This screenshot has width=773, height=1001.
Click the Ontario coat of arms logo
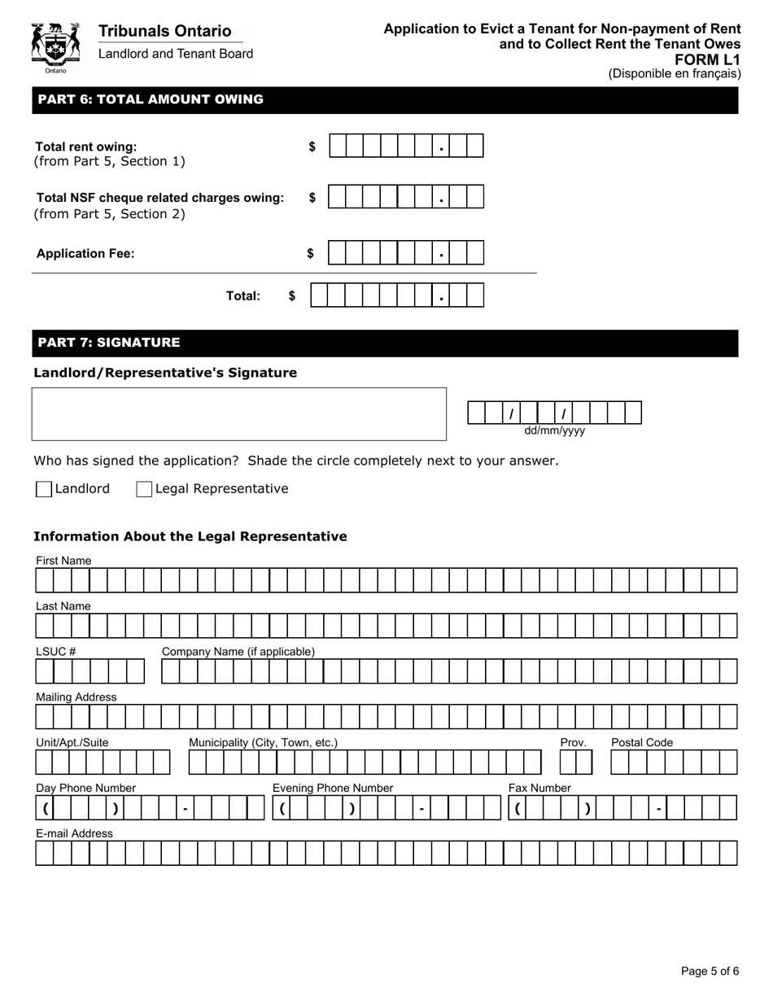(x=55, y=47)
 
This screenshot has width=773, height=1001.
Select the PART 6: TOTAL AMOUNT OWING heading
(x=151, y=99)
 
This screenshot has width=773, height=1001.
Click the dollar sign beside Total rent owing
(x=312, y=146)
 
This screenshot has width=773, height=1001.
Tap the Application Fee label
(x=85, y=253)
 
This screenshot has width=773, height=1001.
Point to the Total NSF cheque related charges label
(x=160, y=198)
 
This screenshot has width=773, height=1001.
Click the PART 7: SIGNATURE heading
(x=109, y=342)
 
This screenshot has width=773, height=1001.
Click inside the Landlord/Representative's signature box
(x=238, y=413)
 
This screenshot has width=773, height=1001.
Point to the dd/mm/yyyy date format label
(x=554, y=431)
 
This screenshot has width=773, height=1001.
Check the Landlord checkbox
(x=44, y=489)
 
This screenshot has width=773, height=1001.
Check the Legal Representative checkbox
(x=144, y=489)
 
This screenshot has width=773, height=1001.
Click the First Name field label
(x=63, y=561)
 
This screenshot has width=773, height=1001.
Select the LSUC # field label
(x=55, y=651)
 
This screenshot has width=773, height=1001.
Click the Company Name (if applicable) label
(x=238, y=651)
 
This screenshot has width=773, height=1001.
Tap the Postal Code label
(x=641, y=742)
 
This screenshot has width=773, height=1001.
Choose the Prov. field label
(x=573, y=742)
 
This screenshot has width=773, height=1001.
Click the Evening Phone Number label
(x=332, y=788)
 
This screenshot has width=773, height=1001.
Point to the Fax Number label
(x=539, y=788)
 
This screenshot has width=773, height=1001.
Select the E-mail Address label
(x=74, y=833)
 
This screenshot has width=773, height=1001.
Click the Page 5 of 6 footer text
(x=710, y=970)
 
